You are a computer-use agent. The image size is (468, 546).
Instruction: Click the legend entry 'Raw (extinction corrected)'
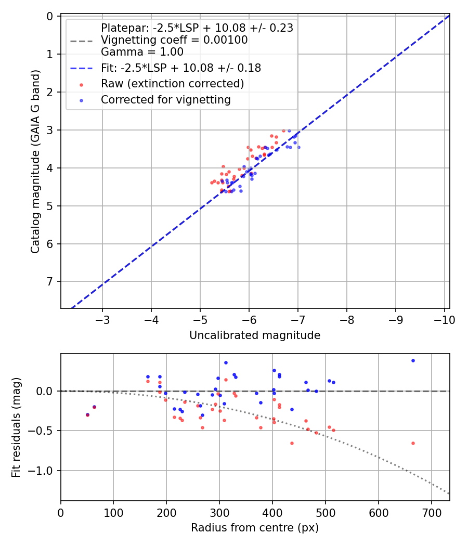pos(172,84)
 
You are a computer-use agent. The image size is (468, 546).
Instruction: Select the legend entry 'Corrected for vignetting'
pos(166,100)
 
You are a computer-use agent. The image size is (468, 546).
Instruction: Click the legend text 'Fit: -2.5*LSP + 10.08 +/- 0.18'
pos(180,68)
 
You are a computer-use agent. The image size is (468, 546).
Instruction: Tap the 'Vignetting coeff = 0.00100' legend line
pos(174,40)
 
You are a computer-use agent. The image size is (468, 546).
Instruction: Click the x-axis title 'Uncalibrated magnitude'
pos(255,335)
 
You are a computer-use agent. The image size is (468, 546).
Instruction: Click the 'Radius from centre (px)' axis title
pos(255,528)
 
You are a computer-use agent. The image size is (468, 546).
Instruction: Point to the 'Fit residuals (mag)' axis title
pos(16,427)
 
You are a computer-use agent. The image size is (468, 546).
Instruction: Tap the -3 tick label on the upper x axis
pos(102,319)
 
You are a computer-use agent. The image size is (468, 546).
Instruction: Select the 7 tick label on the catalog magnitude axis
pos(50,282)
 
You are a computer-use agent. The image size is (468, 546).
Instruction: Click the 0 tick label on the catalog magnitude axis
pos(50,16)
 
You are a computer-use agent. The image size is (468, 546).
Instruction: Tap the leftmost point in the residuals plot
pos(87,414)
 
